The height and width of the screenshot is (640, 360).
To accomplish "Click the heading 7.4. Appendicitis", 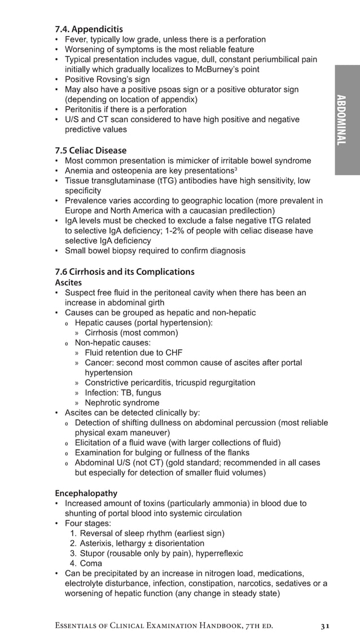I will pyautogui.click(x=89, y=29).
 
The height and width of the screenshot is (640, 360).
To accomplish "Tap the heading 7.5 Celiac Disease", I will pyautogui.click(x=90, y=150).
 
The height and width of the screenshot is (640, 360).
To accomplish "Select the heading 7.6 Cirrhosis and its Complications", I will pyautogui.click(x=124, y=271).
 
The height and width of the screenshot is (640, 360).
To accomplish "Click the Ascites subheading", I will pyautogui.click(x=68, y=282).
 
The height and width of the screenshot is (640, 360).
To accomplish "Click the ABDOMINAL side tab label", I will pyautogui.click(x=341, y=120).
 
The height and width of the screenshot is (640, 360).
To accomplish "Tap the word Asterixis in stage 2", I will pyautogui.click(x=98, y=543).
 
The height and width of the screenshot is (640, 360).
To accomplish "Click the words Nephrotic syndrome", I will pyautogui.click(x=122, y=403).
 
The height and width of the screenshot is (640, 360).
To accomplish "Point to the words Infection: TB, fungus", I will pyautogui.click(x=122, y=393).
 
